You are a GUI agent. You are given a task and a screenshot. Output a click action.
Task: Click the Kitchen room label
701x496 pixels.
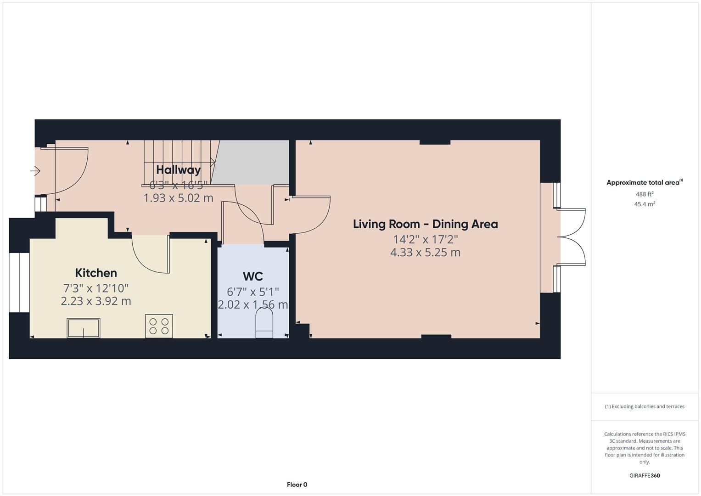tap(96, 273)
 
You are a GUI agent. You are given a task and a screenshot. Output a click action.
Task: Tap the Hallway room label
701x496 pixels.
tap(178, 170)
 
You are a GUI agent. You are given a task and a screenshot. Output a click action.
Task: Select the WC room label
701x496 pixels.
tap(252, 276)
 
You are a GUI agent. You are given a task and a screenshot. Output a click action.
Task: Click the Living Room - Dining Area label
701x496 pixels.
tap(425, 224)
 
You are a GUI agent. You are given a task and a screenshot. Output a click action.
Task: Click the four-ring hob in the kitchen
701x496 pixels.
tap(159, 326)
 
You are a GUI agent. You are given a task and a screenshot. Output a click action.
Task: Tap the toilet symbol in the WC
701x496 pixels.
tap(264, 323)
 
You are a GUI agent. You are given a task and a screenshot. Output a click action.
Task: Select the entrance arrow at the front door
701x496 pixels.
tap(35, 171)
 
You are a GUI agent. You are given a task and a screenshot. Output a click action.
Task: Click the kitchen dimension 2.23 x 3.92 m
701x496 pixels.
tap(96, 301)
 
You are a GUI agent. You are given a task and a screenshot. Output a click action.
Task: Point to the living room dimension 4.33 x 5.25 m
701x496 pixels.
tap(425, 253)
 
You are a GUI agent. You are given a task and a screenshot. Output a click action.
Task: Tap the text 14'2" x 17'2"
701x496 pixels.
tap(425, 239)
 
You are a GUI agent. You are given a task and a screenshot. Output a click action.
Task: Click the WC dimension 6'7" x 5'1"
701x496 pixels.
tap(252, 292)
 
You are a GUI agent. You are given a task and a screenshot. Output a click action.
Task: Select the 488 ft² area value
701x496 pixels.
tap(644, 194)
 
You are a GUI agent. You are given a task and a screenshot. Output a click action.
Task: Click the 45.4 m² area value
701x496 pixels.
tap(644, 204)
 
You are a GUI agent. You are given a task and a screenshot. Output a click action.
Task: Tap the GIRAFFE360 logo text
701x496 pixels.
tap(644, 476)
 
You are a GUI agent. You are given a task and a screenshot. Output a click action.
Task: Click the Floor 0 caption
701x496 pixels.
tap(297, 485)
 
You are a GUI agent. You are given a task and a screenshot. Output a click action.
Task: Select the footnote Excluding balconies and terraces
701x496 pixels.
tap(644, 406)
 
